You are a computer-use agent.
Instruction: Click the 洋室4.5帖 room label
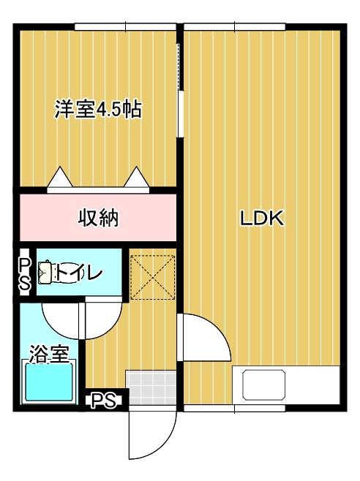click(98, 110)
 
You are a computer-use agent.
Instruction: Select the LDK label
click(262, 218)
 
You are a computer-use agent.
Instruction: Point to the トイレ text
click(80, 273)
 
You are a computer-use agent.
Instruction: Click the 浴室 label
click(49, 355)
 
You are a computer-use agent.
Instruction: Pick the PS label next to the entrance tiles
click(105, 401)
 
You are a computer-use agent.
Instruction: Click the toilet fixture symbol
click(46, 273)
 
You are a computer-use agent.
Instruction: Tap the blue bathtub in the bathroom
click(49, 383)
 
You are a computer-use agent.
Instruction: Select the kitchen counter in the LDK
click(286, 385)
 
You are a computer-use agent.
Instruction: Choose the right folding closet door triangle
click(137, 178)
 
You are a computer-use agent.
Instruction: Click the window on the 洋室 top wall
click(125, 28)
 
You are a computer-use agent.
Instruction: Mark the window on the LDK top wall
click(235, 28)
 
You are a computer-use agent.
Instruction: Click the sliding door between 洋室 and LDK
click(180, 88)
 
